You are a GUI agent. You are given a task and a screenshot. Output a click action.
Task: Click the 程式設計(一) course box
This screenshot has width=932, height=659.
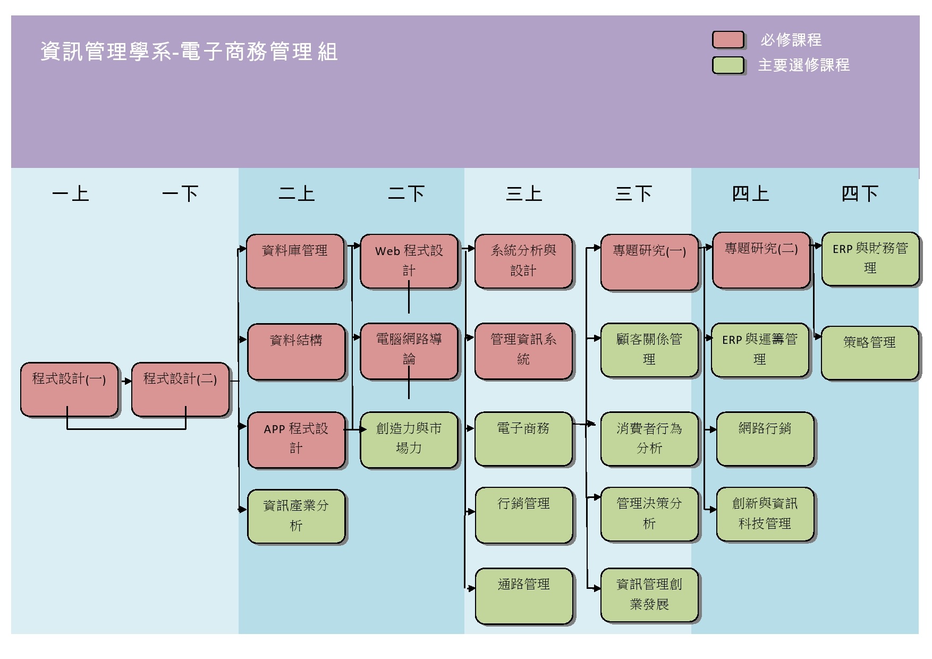point(69,390)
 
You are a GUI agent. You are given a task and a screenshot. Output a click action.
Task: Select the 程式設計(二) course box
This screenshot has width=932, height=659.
point(180,390)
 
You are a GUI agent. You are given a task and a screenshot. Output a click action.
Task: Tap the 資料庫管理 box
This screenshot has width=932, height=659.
point(295,261)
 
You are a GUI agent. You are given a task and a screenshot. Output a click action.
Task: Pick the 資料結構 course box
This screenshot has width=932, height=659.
point(296,351)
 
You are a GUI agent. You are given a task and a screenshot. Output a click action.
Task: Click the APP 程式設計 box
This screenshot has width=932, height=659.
point(296,440)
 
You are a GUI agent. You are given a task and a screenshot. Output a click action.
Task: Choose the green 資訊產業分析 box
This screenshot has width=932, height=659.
point(296,516)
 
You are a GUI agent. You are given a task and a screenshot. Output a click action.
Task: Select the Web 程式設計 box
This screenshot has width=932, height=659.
point(409,261)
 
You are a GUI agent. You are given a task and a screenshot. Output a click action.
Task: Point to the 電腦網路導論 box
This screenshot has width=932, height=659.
point(409,351)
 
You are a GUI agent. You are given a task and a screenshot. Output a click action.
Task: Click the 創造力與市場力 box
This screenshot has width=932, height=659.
point(409,440)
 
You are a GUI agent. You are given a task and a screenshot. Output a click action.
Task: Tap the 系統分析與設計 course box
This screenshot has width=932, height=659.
point(523,261)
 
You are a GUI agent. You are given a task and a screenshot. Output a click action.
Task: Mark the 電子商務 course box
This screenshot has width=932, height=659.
point(523,439)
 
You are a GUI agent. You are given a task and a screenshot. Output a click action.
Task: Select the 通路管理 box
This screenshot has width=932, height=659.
point(523,596)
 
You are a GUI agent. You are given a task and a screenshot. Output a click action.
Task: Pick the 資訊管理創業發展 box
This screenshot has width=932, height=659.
point(649,595)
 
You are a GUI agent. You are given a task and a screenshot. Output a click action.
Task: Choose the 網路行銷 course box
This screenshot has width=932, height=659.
point(765,439)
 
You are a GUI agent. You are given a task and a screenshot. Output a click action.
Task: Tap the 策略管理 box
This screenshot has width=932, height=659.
point(869,353)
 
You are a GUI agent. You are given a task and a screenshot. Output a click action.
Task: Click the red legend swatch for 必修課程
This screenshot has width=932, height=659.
point(728,40)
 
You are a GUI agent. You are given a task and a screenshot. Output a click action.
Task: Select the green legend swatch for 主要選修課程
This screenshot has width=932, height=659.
point(728,65)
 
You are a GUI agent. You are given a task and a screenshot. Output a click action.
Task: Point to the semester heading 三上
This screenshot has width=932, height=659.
point(524,194)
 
